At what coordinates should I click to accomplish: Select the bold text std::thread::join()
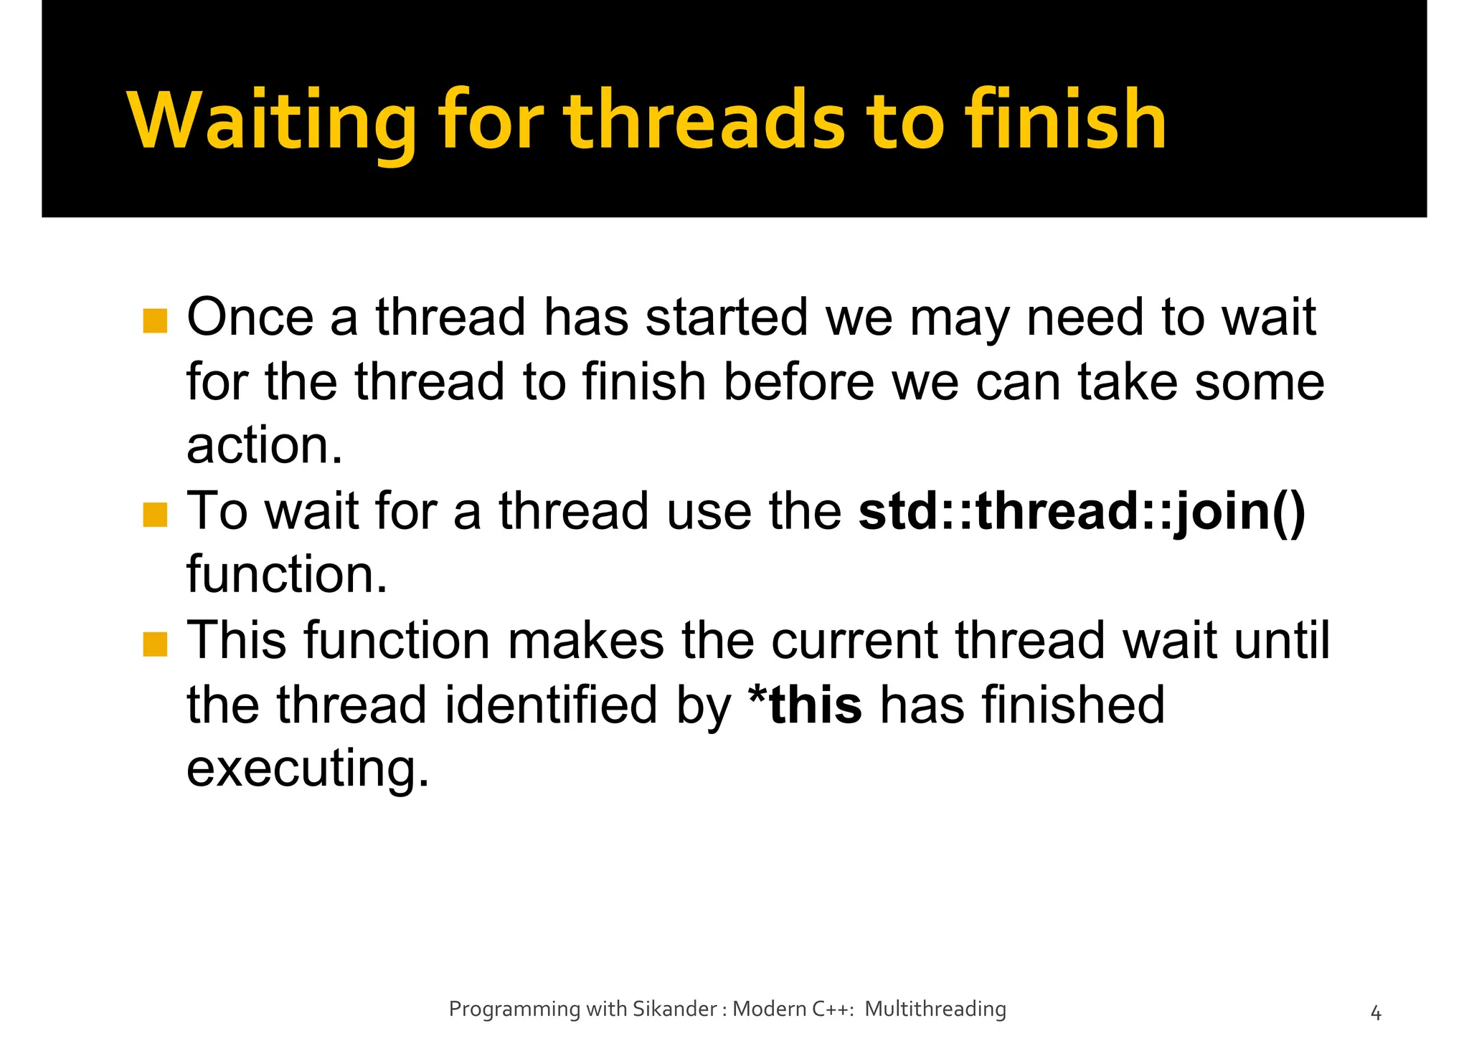(x=1082, y=512)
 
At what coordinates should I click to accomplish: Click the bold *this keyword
(x=805, y=705)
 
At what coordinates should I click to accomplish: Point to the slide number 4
(x=1375, y=1013)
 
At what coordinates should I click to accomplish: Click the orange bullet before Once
(x=155, y=321)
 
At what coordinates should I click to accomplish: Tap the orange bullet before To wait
(x=155, y=515)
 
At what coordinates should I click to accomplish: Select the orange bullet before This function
(x=155, y=644)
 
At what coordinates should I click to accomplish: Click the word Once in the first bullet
(x=250, y=318)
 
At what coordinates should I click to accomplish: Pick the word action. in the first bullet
(x=265, y=447)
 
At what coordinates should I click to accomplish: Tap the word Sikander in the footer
(x=674, y=1009)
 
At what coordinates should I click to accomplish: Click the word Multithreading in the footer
(x=935, y=1009)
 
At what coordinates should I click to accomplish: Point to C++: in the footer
(x=833, y=1009)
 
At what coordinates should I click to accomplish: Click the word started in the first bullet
(x=727, y=318)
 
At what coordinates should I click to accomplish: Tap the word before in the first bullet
(x=798, y=382)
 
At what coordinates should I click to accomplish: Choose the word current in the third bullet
(x=854, y=641)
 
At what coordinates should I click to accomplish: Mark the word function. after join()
(x=287, y=576)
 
